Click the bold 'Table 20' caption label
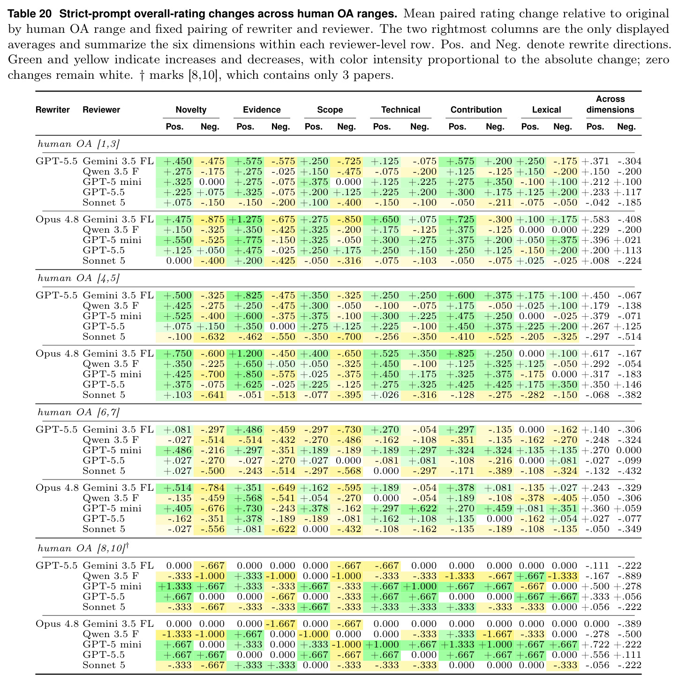tap(30, 14)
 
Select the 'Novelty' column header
tap(191, 109)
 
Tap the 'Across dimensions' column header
tap(610, 104)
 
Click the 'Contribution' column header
tap(476, 109)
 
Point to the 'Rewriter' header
tap(53, 109)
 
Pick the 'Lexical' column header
tap(546, 109)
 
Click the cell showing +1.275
tap(246, 219)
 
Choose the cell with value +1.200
tap(246, 353)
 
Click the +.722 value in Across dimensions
tap(595, 644)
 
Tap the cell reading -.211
tap(499, 202)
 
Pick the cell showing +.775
tap(248, 240)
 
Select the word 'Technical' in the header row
tap(400, 109)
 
